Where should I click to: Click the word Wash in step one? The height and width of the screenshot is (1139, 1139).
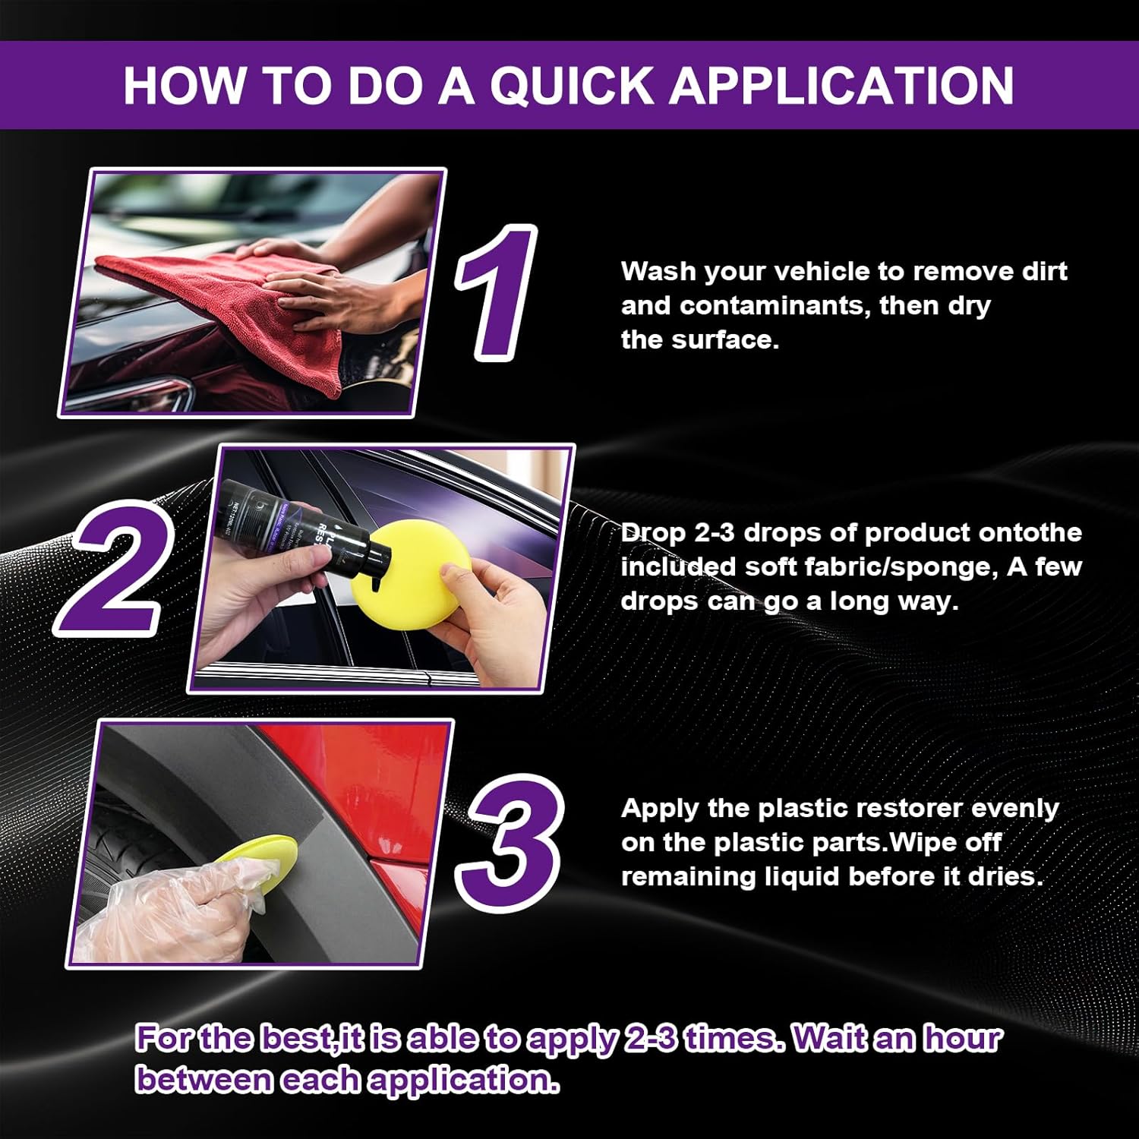(x=658, y=271)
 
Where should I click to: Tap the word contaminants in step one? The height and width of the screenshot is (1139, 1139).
(x=775, y=306)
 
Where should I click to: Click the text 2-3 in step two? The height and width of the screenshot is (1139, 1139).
(x=714, y=533)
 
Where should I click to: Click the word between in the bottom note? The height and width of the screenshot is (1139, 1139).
(x=204, y=1079)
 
